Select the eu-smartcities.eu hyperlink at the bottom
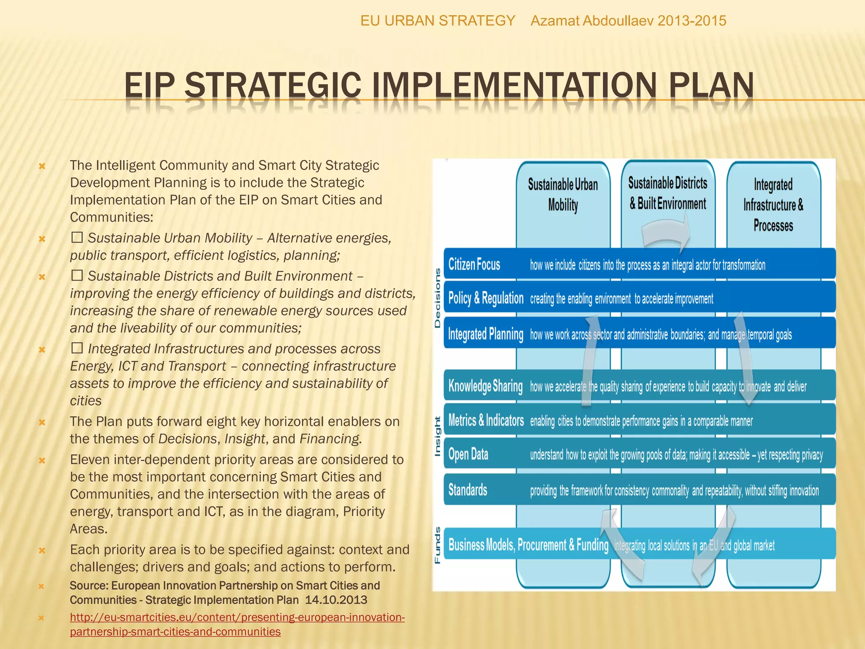tap(237, 624)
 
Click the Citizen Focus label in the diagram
tap(474, 265)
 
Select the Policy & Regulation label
tap(485, 298)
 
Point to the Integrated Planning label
tap(485, 334)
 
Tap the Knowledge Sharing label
tap(485, 386)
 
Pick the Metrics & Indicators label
tap(486, 421)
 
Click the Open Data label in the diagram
tap(468, 455)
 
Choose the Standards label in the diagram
tap(468, 490)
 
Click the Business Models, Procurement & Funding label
tap(528, 545)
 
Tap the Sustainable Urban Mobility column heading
tap(563, 194)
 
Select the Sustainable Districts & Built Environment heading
tap(667, 193)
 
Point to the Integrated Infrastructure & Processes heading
tap(773, 205)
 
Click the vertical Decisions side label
tap(438, 298)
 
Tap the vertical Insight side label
tap(438, 436)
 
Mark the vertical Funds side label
tap(438, 545)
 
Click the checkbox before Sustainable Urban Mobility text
tap(77, 237)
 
